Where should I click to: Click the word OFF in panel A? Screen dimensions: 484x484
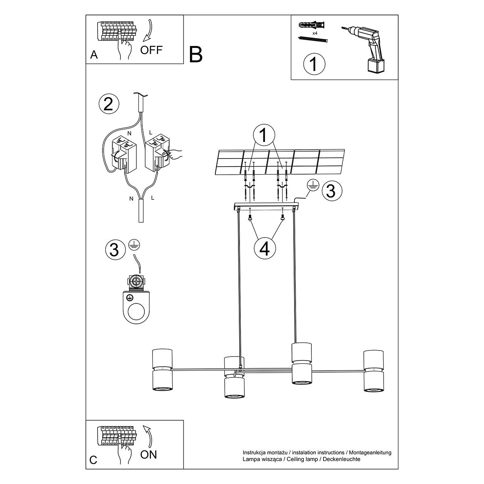[151, 50]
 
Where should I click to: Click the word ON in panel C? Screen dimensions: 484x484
[148, 455]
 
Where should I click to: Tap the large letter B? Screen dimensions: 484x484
[196, 54]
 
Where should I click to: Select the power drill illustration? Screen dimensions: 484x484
[367, 46]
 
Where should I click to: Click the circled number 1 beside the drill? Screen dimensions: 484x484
[313, 64]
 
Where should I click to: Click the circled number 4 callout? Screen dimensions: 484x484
[264, 248]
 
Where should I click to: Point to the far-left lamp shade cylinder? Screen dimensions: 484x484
[162, 370]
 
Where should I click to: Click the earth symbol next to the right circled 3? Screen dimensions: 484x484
[311, 185]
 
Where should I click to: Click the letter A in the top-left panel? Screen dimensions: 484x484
[94, 55]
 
